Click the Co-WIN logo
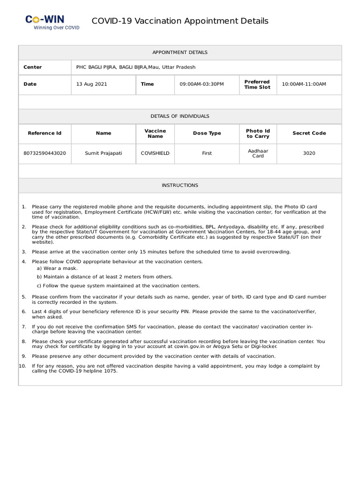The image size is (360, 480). [52, 22]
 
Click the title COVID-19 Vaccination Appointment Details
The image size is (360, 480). [180, 21]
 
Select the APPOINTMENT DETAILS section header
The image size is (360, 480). [180, 52]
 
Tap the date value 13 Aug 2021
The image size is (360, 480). [91, 84]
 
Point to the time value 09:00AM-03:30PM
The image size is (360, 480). [202, 84]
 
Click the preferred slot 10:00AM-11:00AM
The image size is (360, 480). [304, 84]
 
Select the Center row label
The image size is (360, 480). [33, 67]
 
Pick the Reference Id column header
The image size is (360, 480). [45, 133]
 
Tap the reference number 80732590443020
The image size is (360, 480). [45, 153]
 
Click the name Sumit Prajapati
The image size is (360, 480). [103, 153]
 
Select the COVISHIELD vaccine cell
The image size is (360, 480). [155, 153]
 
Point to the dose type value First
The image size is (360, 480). [207, 153]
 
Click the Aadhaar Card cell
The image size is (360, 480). [258, 153]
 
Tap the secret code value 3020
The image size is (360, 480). [309, 153]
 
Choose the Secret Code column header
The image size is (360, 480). [309, 133]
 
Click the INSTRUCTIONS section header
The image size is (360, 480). [180, 186]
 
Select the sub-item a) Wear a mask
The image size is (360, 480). [57, 268]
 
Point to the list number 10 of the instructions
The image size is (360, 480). [22, 366]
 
